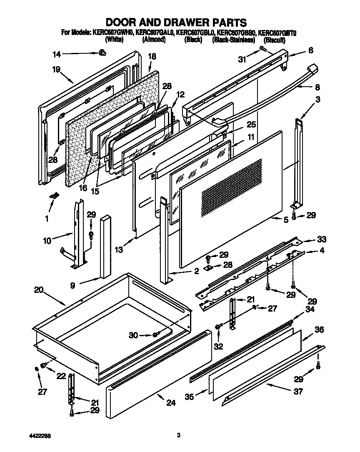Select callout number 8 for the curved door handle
317,87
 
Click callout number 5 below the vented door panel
285,220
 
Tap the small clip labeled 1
53,196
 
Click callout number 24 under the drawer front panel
171,402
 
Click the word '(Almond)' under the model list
154,40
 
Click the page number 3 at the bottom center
178,435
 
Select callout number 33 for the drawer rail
322,240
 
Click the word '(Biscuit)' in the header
274,40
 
